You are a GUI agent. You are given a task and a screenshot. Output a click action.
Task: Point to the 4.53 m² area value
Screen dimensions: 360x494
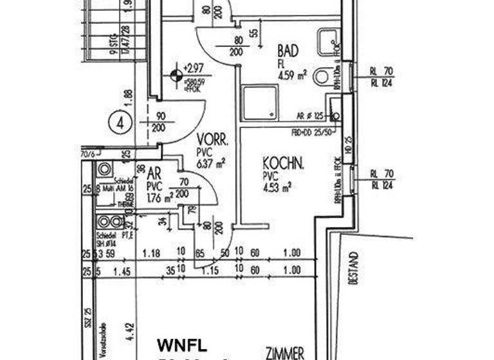[277, 187]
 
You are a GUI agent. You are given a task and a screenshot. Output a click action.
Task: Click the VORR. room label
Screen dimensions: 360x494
[213, 139]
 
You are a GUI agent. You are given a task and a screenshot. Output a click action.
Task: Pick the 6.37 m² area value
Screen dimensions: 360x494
[211, 163]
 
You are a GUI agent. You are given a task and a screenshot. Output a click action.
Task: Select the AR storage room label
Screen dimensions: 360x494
[154, 174]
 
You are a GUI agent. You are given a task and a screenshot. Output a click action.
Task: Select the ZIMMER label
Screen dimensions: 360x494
[285, 353]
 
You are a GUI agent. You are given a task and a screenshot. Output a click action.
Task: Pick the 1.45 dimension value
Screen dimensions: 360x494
[122, 272]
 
